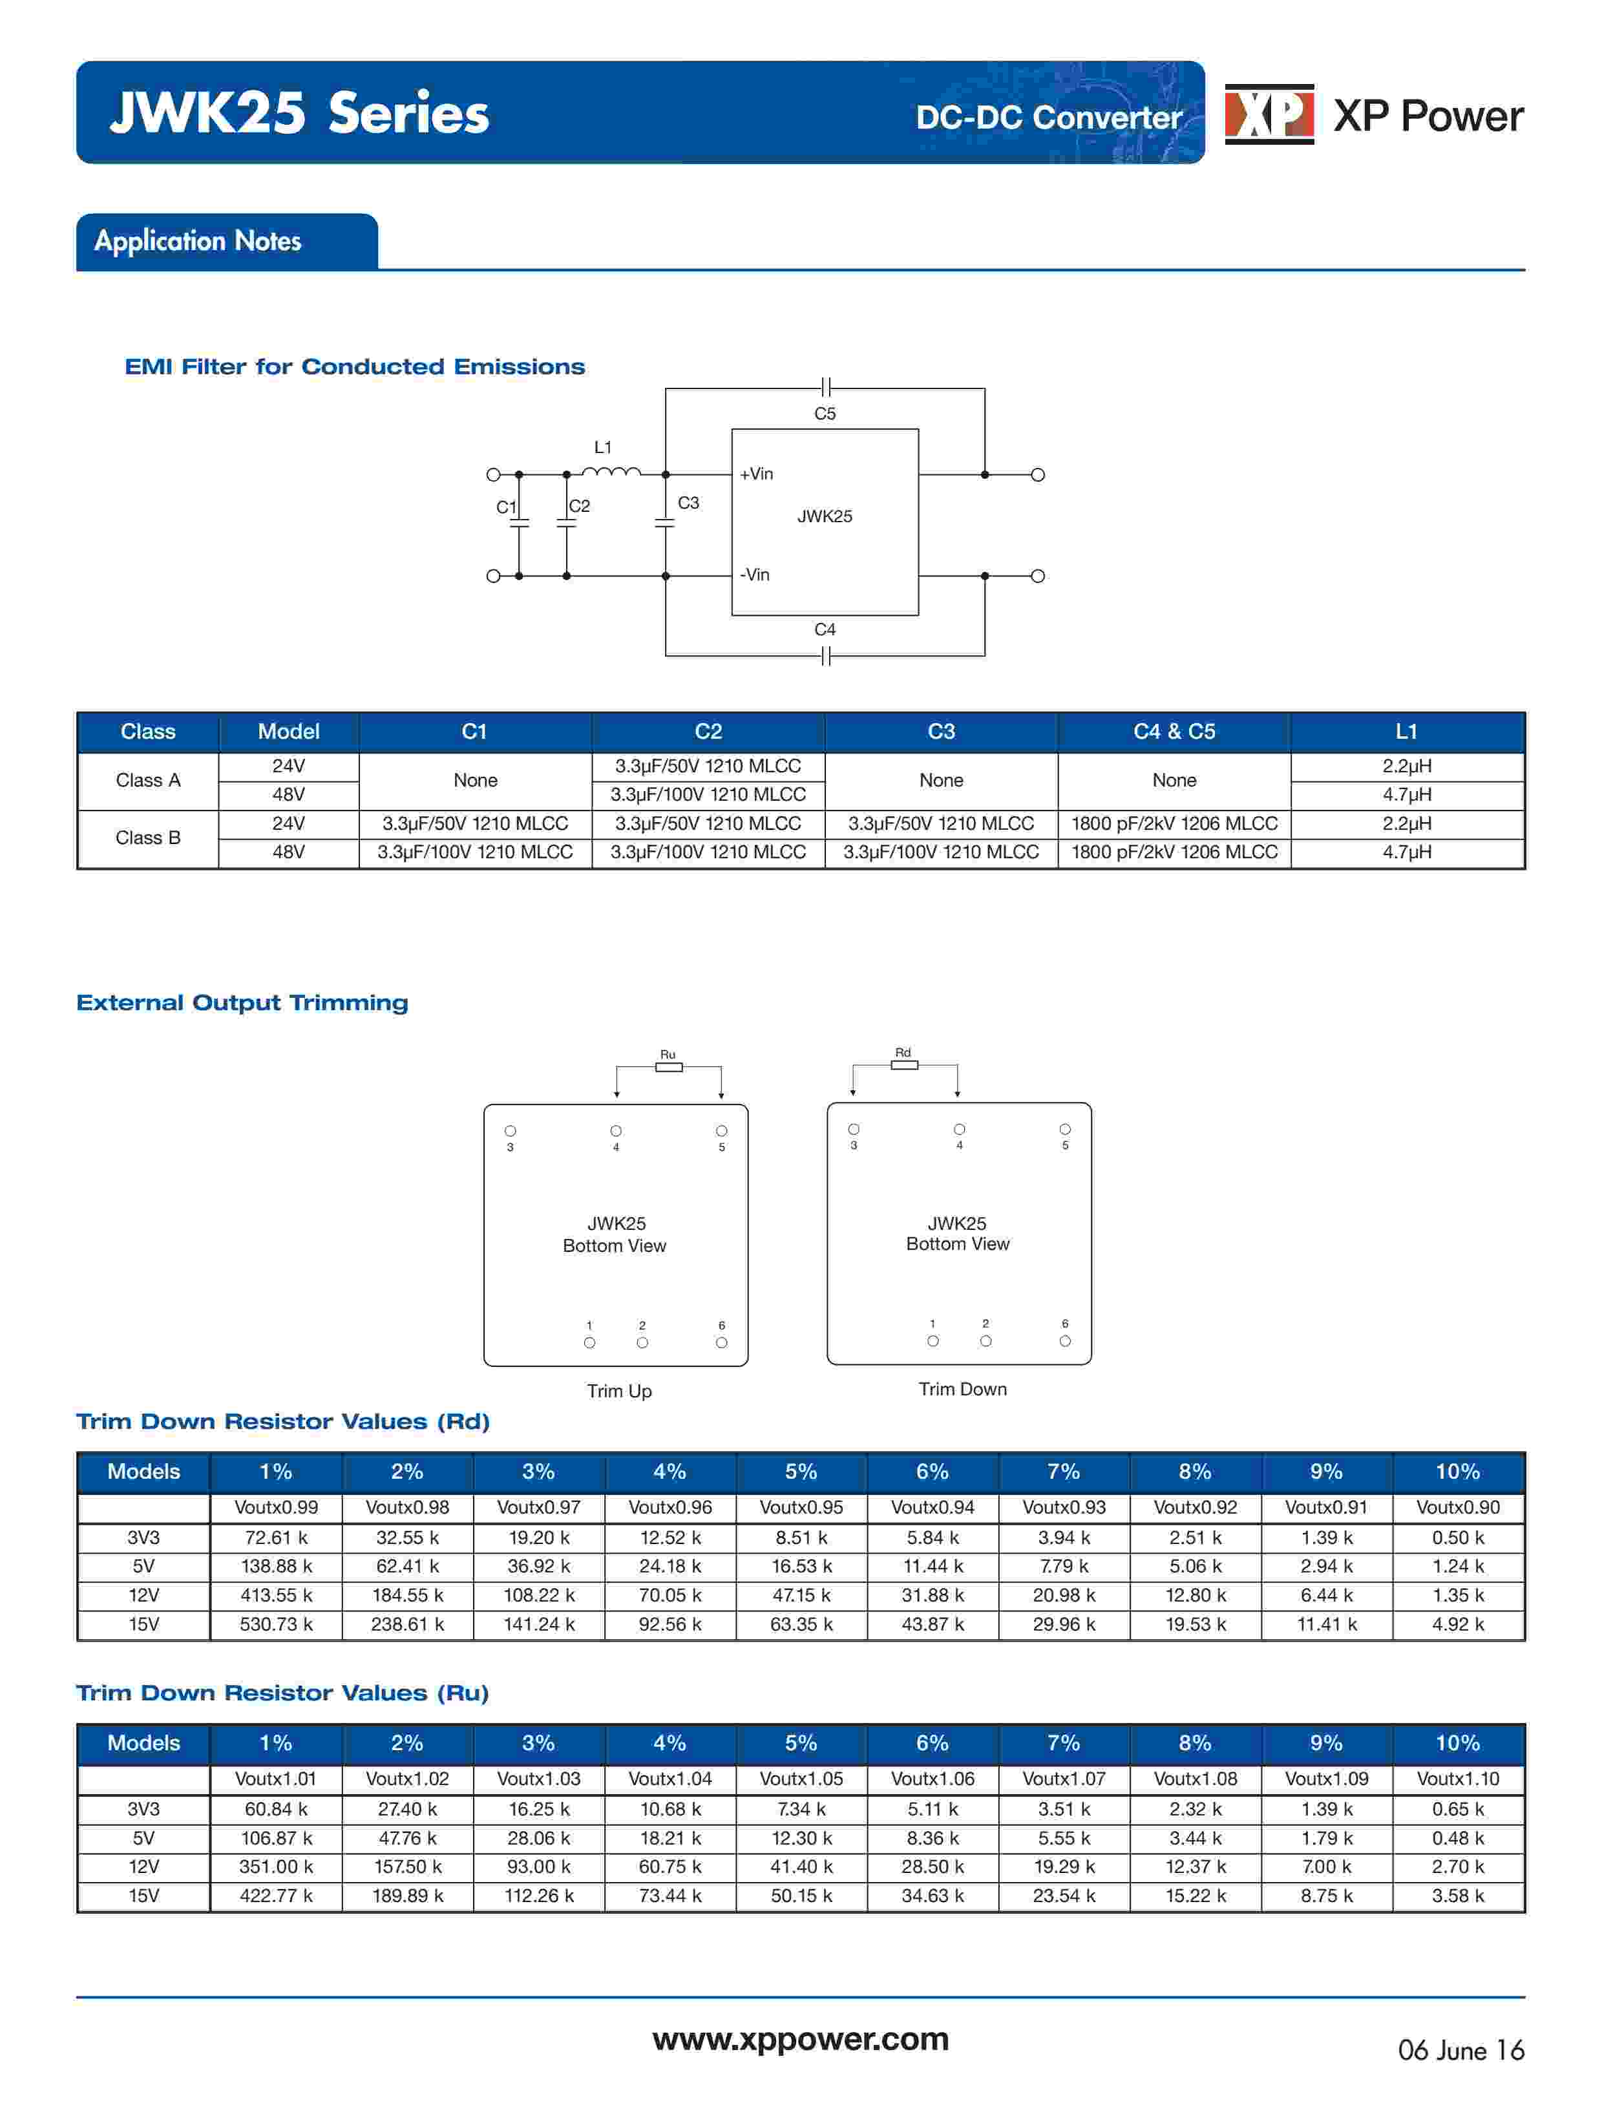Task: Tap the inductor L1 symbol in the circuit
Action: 611,471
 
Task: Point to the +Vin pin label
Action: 756,474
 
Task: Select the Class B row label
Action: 148,838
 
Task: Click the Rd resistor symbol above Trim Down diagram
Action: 904,1064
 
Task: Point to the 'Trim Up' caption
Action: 619,1392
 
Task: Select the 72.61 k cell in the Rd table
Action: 276,1538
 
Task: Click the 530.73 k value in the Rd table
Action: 276,1624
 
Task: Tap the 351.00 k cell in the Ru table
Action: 276,1867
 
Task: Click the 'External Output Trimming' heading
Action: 242,1003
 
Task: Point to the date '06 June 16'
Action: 1460,2051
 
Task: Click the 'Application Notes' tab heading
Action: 198,240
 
